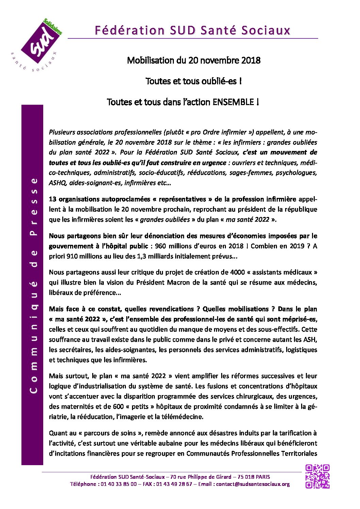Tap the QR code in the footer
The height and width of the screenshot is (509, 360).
317,476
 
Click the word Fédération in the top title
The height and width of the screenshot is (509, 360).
129,31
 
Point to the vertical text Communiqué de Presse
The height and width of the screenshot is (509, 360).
33,285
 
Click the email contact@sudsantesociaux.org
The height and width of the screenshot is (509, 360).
253,484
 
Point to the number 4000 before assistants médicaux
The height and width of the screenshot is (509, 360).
237,272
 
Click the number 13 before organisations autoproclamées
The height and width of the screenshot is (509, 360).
53,199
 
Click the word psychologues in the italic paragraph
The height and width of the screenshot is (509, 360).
296,173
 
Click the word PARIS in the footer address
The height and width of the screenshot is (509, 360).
263,477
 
